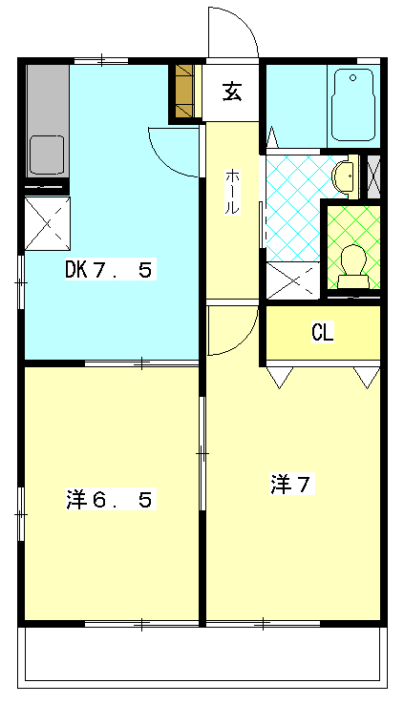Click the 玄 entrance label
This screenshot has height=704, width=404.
coord(232,92)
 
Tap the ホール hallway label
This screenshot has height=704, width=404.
coord(232,191)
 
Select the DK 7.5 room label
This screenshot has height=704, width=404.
coord(108,270)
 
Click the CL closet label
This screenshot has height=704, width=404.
coord(322,332)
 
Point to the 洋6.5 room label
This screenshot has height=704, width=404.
coord(109,499)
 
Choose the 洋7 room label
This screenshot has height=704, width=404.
coord(291,485)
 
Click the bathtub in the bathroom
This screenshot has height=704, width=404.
coord(352,105)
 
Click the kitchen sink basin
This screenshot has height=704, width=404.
coord(46,153)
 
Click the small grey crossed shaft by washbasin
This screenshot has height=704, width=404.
coord(374,176)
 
